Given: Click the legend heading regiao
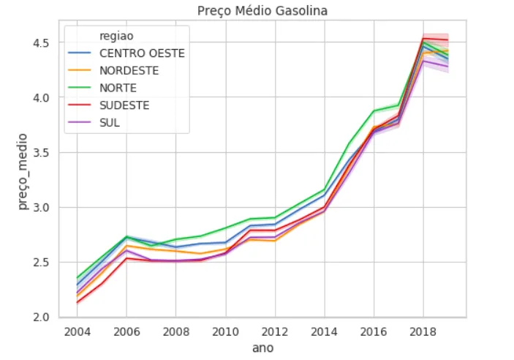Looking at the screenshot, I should [x=116, y=35].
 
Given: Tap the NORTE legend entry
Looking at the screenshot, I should [x=118, y=88].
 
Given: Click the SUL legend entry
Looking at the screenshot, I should [x=109, y=122].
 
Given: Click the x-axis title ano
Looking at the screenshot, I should [x=262, y=348].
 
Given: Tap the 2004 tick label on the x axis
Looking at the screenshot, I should [x=78, y=331].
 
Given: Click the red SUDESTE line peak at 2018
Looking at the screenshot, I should [x=423, y=38].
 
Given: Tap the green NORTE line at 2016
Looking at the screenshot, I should [x=374, y=111].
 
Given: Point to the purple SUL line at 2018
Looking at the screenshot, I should [x=423, y=61].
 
